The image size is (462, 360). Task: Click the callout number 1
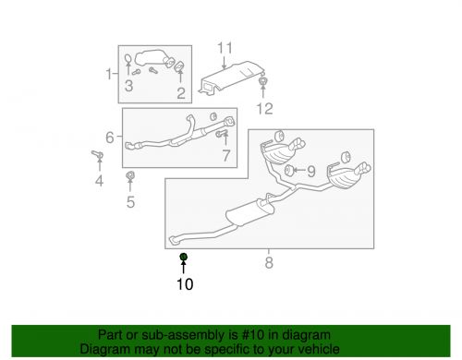(108, 73)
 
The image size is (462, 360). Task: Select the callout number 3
(129, 87)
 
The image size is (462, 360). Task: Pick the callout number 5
(130, 201)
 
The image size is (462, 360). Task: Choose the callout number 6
(110, 138)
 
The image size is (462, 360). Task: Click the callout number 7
(225, 155)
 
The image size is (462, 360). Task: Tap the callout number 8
(269, 264)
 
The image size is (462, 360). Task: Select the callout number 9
(310, 171)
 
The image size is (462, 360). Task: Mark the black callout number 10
(185, 285)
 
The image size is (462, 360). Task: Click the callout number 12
(265, 109)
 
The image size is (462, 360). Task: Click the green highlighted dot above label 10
(183, 257)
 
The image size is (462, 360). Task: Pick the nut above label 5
(129, 175)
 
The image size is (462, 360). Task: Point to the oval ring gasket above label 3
(128, 64)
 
